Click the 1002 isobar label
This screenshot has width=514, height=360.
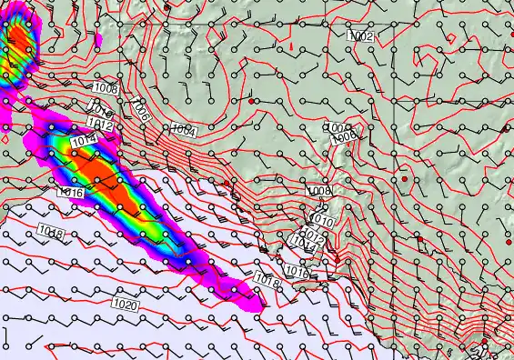click(361, 35)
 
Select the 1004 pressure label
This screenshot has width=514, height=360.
click(184, 131)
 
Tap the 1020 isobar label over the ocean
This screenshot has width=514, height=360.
click(126, 305)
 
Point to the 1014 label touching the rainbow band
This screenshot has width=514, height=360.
click(82, 140)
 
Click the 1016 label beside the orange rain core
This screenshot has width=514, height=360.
click(70, 192)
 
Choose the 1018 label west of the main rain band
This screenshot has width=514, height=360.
click(51, 235)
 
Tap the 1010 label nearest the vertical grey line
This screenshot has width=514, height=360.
click(321, 221)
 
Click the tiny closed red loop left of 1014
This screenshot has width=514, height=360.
click(6, 140)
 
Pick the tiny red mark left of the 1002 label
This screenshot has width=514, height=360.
click(291, 44)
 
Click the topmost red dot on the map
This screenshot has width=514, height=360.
click(167, 6)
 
